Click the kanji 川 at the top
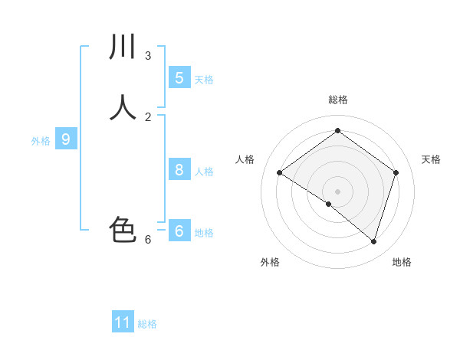coord(123,47)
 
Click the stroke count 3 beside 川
coord(148,55)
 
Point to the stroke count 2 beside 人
coord(148,116)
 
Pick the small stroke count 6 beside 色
coord(148,240)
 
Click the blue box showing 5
coord(179,77)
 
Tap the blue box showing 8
coord(179,170)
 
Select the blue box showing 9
coord(66,139)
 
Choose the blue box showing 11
coord(123,322)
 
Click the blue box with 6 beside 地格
coord(179,231)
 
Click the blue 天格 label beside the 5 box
coord(204,80)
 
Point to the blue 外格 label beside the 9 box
coord(41,141)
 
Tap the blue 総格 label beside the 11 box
coord(147,324)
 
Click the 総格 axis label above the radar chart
coord(338,100)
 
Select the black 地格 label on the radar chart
coord(402,262)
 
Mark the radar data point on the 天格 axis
coord(396,173)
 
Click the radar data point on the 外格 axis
coord(329,204)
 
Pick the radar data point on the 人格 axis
coord(280,173)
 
